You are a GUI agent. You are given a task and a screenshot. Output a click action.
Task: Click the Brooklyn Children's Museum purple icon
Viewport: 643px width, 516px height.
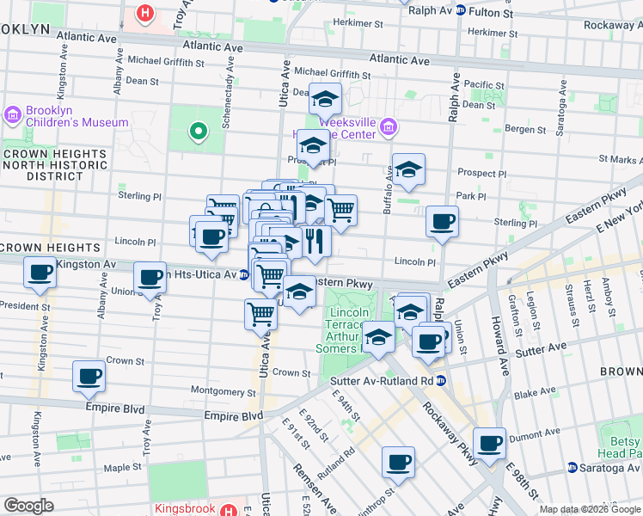click(x=13, y=114)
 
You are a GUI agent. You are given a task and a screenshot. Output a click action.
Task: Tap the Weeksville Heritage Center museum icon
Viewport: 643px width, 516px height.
click(x=388, y=127)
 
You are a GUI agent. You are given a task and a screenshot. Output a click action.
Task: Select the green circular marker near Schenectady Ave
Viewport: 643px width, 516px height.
click(x=199, y=132)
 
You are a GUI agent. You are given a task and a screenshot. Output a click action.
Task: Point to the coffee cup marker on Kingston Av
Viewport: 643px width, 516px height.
click(x=40, y=273)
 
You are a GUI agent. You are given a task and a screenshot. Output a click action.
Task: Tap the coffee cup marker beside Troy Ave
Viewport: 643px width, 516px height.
click(x=150, y=278)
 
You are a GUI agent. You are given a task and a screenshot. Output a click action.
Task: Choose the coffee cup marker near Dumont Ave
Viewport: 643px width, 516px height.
click(x=489, y=444)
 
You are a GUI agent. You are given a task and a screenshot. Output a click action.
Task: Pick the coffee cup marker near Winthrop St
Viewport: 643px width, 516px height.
click(x=398, y=462)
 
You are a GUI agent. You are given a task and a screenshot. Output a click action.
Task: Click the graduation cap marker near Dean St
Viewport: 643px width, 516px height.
click(x=326, y=100)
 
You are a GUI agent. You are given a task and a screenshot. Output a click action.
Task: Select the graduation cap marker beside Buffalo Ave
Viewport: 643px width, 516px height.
click(x=409, y=170)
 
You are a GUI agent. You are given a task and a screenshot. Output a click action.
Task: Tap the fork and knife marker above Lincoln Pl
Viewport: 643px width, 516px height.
click(x=315, y=242)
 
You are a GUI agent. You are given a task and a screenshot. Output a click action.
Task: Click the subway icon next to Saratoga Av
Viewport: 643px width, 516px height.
click(x=572, y=468)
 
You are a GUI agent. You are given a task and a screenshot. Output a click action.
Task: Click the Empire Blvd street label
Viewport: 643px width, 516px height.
click(x=233, y=415)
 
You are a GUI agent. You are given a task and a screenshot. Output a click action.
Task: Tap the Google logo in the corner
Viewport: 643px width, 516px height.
click(x=28, y=505)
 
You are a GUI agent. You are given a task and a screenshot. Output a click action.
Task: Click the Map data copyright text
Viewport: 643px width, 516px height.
click(x=589, y=509)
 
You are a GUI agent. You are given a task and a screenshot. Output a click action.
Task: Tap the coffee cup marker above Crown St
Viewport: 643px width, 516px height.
click(x=89, y=376)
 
